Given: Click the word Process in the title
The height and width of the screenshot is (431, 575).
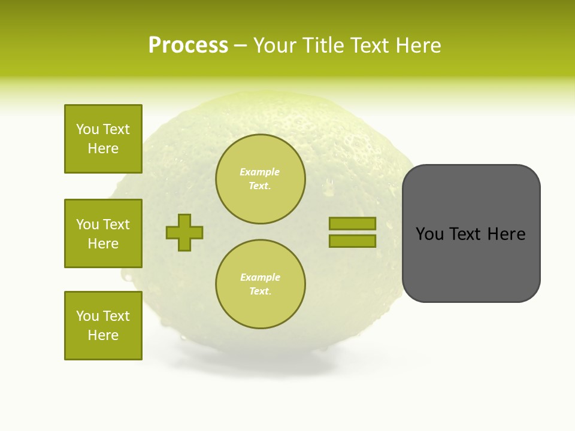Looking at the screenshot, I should pos(188,45).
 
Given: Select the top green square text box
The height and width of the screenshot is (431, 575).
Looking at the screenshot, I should pos(103,139).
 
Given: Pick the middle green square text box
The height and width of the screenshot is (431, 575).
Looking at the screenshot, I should pos(103,233).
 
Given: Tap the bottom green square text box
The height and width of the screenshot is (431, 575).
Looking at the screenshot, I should pos(103,326).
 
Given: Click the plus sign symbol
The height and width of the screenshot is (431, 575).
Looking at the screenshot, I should pos(184,232).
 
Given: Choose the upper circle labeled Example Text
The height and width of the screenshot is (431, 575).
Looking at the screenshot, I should pos(260,179).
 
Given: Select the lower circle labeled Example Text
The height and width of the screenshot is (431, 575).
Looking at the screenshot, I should pos(260,284).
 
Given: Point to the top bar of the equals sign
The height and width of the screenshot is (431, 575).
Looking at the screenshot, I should pos(352,223).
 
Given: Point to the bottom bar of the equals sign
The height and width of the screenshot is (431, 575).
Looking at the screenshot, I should pos(352,241).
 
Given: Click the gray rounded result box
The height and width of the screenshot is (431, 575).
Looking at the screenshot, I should pos(471,233).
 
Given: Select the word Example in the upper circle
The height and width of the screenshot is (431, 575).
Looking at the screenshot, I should pos(260,172).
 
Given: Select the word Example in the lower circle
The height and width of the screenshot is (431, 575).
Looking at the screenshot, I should pos(260,277).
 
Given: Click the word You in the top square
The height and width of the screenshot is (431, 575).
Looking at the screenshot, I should pos(87,129).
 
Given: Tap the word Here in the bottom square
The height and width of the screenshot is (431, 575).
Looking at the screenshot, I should pos(103,335).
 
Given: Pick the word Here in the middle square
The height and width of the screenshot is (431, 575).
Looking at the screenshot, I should pos(103,244).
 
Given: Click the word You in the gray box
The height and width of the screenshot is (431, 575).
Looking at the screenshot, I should pos(429,234).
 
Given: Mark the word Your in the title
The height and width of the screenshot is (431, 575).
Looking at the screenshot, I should pos(277,45).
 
